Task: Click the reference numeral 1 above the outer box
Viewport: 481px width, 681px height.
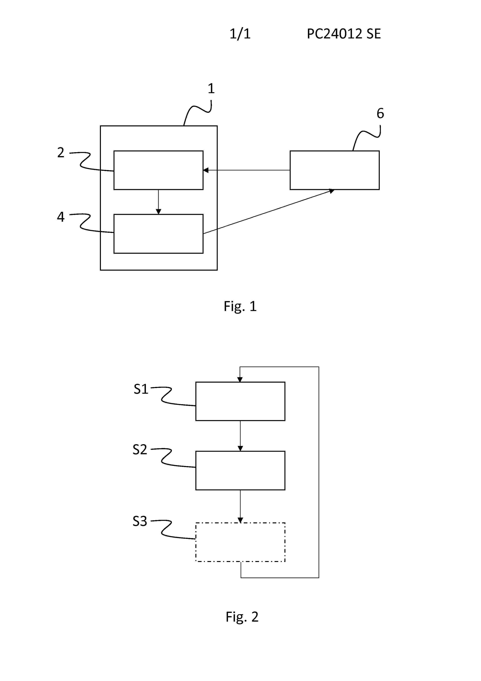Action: (x=211, y=88)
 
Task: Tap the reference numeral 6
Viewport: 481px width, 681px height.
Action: (x=380, y=113)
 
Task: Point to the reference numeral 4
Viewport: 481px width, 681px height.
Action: (x=61, y=217)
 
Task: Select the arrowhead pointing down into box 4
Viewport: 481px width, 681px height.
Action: (x=159, y=211)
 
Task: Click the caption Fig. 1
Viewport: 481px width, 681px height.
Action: (x=240, y=306)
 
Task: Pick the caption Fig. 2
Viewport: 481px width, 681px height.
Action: (x=242, y=617)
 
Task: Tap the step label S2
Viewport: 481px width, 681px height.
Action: (x=140, y=450)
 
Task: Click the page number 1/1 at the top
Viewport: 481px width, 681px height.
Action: (x=240, y=34)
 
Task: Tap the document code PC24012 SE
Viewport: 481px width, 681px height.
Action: (x=344, y=34)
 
